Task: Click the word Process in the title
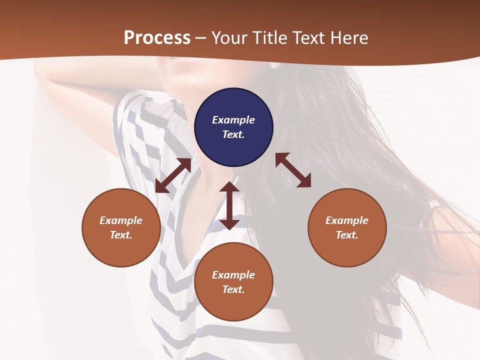coord(157,38)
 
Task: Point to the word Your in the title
coord(228,38)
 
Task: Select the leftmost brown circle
coord(121,227)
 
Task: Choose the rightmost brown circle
coord(347,227)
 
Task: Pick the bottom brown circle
coord(233,282)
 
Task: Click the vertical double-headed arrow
coord(229,205)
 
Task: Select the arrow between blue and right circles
coord(293,170)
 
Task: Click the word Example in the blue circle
coord(233,120)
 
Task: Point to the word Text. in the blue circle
coord(233,134)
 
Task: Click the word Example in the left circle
coord(121,220)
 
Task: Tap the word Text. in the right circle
coord(347,235)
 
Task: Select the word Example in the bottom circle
coord(233,275)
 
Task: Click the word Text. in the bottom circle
coord(233,289)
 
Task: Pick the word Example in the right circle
coord(347,220)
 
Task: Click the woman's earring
coord(274,65)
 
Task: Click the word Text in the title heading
coord(308,38)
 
